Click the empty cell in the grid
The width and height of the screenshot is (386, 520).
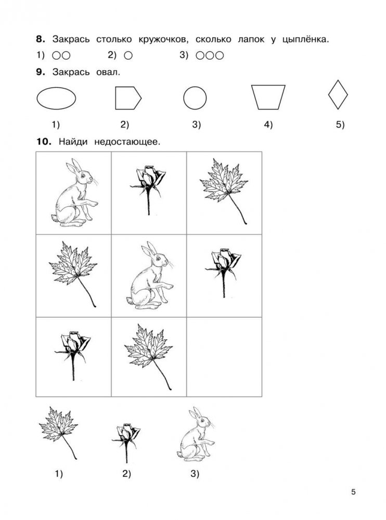[x=224, y=357]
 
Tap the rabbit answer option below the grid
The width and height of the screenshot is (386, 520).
[x=196, y=434]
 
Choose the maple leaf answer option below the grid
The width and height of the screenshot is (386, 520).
[x=58, y=432]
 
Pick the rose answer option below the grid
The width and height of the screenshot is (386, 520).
[x=126, y=442]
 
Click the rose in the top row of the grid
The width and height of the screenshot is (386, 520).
[x=148, y=190]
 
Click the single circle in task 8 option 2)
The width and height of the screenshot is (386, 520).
[x=128, y=56]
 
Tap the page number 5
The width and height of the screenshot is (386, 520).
[x=353, y=492]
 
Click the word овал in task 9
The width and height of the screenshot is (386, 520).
[x=108, y=72]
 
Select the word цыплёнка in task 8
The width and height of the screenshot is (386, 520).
[x=305, y=39]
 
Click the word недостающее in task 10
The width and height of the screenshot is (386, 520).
[x=127, y=142]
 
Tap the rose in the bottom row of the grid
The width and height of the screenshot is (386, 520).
[x=73, y=356]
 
